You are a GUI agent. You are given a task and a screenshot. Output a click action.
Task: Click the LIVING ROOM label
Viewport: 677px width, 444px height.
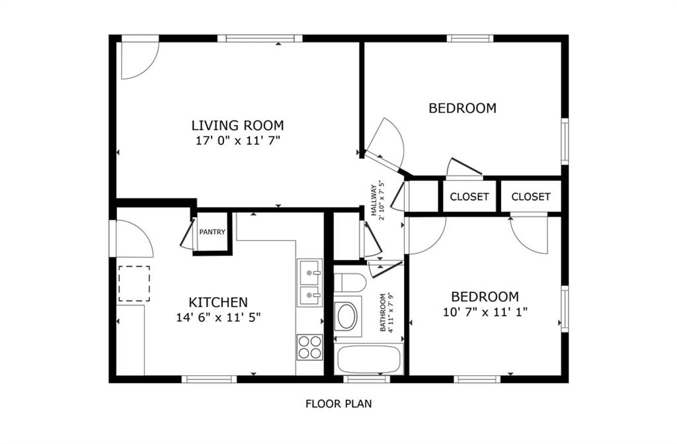(237, 125)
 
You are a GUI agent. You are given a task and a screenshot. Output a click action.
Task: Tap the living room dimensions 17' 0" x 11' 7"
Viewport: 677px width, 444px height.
(238, 140)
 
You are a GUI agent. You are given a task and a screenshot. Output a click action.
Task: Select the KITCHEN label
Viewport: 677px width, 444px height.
(218, 302)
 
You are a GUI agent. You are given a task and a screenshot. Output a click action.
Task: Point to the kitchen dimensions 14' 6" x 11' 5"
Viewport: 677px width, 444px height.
(218, 318)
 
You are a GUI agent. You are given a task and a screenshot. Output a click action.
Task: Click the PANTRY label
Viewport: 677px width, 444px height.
(212, 232)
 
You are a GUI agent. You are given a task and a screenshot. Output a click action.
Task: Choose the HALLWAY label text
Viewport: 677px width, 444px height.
(374, 200)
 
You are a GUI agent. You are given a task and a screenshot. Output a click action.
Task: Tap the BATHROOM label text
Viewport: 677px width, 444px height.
(383, 312)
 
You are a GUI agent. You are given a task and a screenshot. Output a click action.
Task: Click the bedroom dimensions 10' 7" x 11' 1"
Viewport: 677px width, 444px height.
(485, 312)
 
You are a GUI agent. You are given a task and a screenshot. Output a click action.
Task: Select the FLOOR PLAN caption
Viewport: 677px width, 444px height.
(338, 404)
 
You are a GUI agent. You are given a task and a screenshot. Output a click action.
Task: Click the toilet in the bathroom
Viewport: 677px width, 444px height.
(350, 283)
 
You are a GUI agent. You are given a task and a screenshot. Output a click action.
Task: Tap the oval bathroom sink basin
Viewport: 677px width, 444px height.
(346, 317)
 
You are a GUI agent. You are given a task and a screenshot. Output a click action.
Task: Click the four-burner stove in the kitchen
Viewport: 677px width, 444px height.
(309, 347)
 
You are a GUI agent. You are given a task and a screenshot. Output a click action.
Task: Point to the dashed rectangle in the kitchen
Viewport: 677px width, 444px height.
(134, 284)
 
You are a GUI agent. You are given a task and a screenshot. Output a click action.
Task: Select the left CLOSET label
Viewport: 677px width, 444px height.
(469, 197)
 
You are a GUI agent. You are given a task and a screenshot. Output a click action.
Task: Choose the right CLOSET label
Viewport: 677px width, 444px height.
(531, 197)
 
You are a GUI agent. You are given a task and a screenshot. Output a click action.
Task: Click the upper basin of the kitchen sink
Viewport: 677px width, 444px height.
(309, 271)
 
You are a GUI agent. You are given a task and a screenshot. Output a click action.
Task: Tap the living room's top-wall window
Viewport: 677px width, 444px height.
(260, 38)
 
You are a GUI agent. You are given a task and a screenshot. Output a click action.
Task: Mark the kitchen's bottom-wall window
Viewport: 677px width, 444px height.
(209, 379)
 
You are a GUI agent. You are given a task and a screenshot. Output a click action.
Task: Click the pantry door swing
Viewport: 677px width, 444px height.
(188, 235)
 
